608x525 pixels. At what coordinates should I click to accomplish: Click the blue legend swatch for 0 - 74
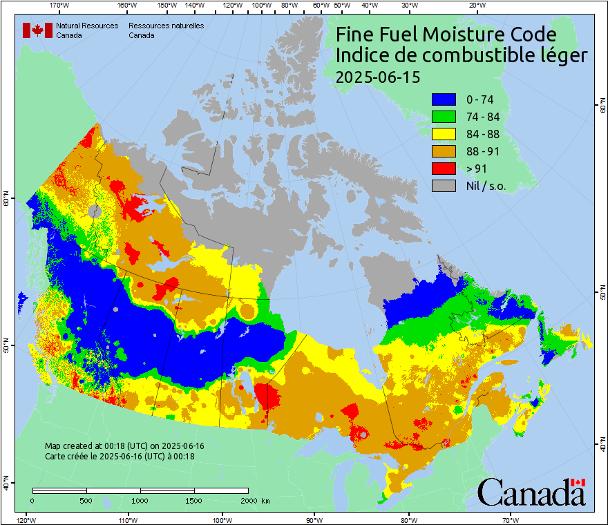tap(444, 99)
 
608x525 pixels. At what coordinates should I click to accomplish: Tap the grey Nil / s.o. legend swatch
tap(444, 186)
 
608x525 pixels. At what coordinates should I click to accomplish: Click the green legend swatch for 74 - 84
tap(444, 117)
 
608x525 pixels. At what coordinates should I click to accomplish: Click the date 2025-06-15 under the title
tap(377, 77)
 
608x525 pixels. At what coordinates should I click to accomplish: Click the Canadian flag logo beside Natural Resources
tap(37, 30)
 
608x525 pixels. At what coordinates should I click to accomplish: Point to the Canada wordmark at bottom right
tap(531, 492)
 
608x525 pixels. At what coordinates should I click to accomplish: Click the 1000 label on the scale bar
tap(140, 501)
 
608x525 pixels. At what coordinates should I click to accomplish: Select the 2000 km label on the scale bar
tap(252, 501)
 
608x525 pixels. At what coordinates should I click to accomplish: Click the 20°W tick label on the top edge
tap(475, 6)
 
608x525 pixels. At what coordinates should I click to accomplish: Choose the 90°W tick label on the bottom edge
tap(314, 519)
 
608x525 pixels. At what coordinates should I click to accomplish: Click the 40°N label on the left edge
tap(6, 484)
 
